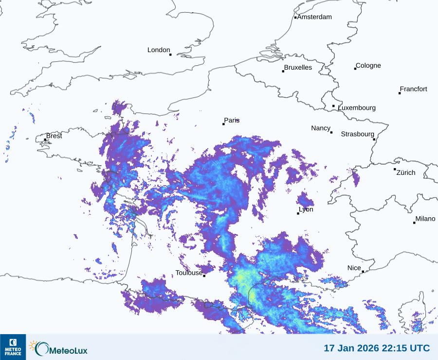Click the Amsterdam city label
(x=314, y=17)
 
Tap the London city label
(x=159, y=50)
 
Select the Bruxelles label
(x=298, y=68)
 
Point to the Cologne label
(x=368, y=66)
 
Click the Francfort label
(x=414, y=89)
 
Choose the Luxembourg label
(x=357, y=108)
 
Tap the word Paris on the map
(x=232, y=120)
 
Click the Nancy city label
(x=321, y=128)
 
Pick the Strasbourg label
(x=357, y=134)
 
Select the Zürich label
(x=406, y=172)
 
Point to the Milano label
(x=425, y=219)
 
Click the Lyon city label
(x=306, y=209)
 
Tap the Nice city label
(x=354, y=268)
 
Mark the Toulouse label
(x=189, y=273)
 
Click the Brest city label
(x=54, y=136)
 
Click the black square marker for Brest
(x=45, y=140)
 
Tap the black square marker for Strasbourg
(x=374, y=139)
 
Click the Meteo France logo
(x=13, y=347)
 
